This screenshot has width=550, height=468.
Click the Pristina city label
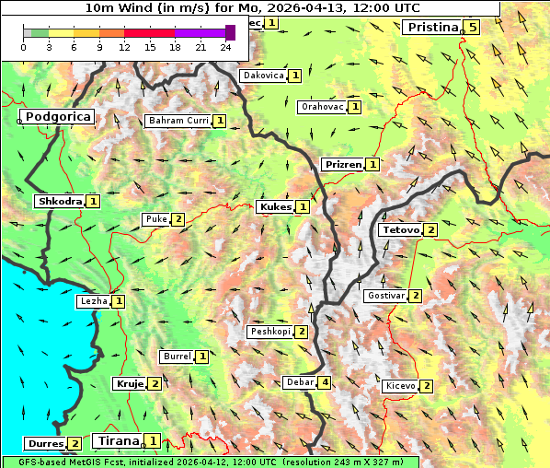coord(431,28)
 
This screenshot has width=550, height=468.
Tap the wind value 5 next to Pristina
coord(472,28)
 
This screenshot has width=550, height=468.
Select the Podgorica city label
coord(58,117)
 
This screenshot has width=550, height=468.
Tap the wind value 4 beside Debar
coord(325,382)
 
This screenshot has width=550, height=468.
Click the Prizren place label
coord(342,165)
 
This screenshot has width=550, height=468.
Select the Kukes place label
coord(275,207)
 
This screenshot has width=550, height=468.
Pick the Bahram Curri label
coord(178,121)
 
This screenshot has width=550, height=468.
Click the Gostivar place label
coord(384,296)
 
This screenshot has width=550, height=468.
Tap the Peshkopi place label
coord(269,332)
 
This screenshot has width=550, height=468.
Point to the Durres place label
coord(44,444)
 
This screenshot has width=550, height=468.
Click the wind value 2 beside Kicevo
coord(427,386)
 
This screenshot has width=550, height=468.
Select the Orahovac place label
coord(322,107)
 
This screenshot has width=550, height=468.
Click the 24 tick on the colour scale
coord(225,48)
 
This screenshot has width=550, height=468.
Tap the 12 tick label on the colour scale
coord(124,48)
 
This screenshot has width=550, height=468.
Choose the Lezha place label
coord(93,301)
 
